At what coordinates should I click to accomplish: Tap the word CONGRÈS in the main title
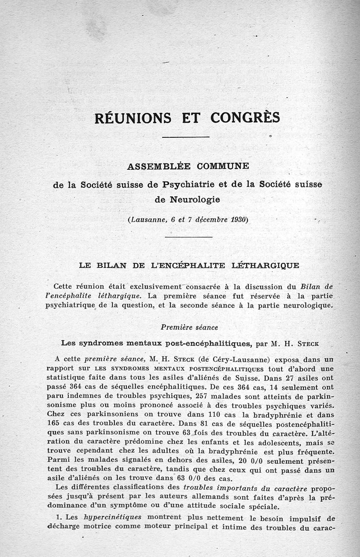click(x=245, y=118)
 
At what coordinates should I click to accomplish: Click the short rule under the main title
click(x=185, y=137)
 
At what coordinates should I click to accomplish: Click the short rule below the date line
click(x=189, y=237)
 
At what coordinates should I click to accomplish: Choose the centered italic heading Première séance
click(x=189, y=327)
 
